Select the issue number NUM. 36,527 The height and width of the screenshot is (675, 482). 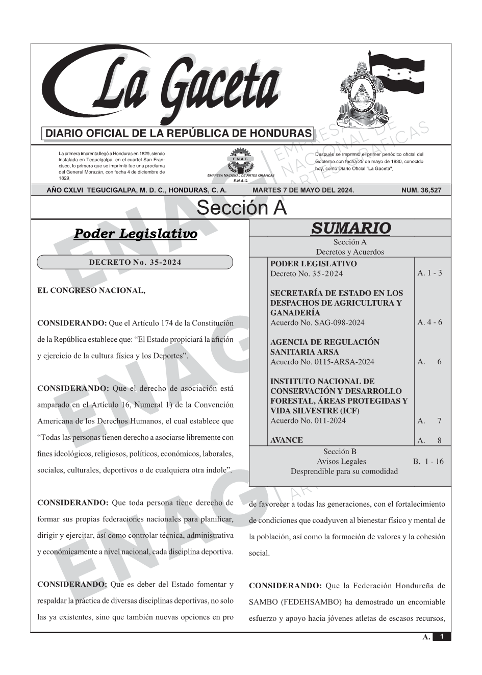click(x=421, y=190)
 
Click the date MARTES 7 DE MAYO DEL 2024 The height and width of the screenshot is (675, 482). click(x=303, y=190)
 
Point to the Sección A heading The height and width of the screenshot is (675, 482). click(x=241, y=208)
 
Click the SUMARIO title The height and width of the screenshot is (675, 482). click(x=350, y=228)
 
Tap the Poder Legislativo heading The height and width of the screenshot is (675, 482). click(x=136, y=234)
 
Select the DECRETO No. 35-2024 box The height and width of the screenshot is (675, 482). click(x=135, y=262)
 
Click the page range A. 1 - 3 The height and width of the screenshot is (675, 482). click(x=429, y=273)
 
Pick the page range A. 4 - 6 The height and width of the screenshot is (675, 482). click(x=429, y=322)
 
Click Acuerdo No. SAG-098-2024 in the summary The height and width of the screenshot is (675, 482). click(x=317, y=322)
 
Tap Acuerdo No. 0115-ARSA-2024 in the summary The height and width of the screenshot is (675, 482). click(x=322, y=362)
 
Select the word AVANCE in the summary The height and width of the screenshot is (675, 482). click(x=286, y=440)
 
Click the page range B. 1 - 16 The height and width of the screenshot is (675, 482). click(x=428, y=462)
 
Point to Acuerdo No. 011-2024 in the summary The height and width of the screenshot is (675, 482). click(x=308, y=421)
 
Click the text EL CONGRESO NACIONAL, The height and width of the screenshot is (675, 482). click(x=91, y=291)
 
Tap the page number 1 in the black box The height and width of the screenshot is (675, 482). click(x=442, y=637)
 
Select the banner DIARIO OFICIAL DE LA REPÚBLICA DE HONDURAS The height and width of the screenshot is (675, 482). click(x=179, y=134)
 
